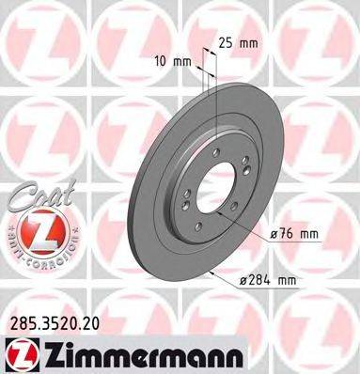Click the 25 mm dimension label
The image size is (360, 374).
[x=237, y=43]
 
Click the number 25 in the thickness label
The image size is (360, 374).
[x=226, y=43]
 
